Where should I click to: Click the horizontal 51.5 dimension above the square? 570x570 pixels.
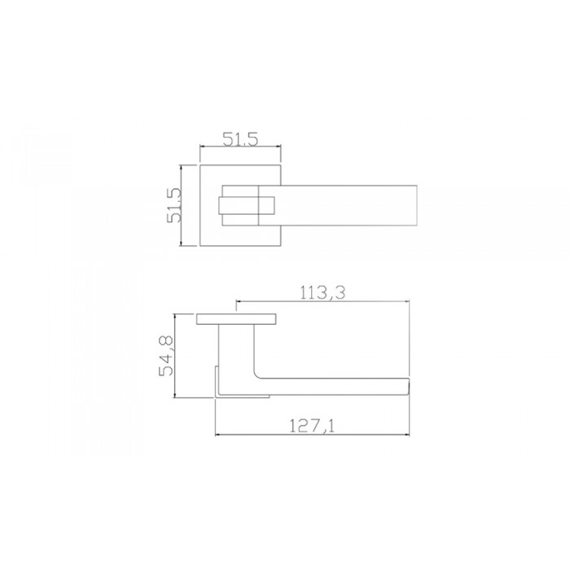[240, 139]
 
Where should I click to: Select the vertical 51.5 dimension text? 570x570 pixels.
[173, 205]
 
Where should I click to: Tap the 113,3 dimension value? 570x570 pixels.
[322, 292]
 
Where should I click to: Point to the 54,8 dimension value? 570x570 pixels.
[166, 356]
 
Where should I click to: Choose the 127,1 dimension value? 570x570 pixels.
[312, 426]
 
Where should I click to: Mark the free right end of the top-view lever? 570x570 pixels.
[417, 205]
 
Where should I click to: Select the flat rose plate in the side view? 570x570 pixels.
[237, 319]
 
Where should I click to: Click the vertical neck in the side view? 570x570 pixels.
[236, 349]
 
